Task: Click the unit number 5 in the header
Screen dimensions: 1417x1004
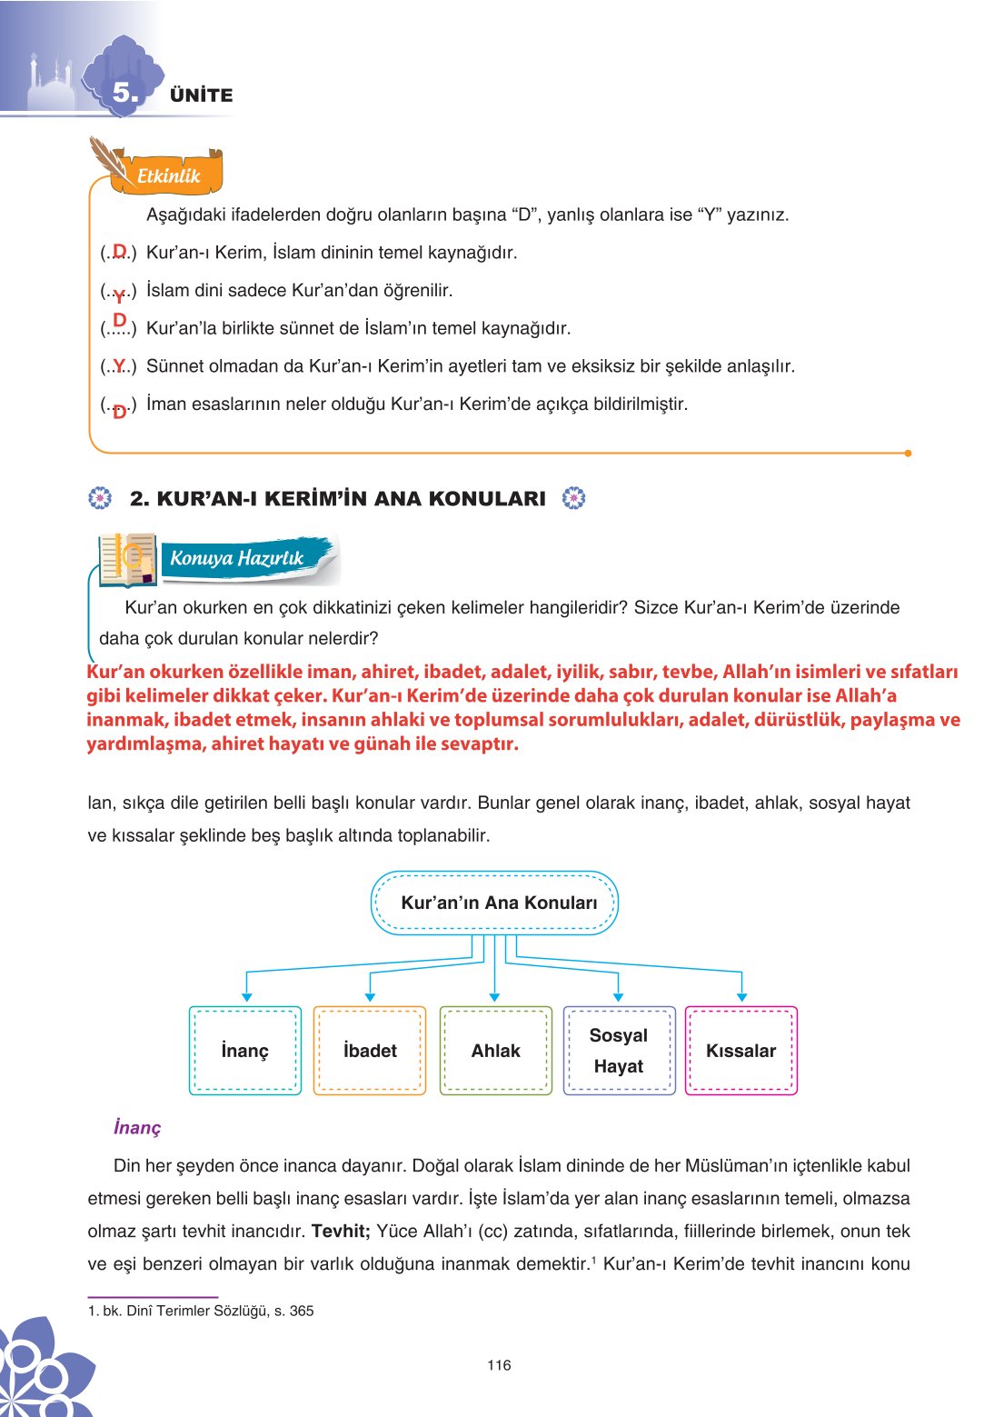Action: click(x=125, y=93)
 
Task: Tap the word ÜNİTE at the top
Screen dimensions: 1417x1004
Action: click(x=201, y=95)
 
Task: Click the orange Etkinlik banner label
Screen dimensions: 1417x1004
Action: click(x=168, y=176)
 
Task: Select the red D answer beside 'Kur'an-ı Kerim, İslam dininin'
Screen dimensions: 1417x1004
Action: click(x=119, y=251)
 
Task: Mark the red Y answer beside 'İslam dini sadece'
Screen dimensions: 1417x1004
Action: click(x=119, y=295)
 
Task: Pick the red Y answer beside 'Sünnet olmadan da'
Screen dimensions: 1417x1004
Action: click(x=119, y=366)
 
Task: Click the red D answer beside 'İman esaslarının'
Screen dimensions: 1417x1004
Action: click(x=119, y=412)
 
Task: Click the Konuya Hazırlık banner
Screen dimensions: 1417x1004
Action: click(x=237, y=558)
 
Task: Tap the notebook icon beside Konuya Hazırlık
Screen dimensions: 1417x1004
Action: click(x=127, y=559)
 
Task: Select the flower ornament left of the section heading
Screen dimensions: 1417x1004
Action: click(x=100, y=498)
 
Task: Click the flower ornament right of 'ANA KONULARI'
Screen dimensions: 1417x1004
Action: click(x=573, y=498)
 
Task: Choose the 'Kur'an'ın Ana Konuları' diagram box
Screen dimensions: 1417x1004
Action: click(x=494, y=903)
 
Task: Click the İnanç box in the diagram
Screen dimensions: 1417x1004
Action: click(x=245, y=1051)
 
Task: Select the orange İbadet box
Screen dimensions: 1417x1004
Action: click(x=370, y=1051)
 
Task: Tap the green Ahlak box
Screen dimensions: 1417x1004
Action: click(x=495, y=1051)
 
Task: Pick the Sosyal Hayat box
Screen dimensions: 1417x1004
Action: click(x=619, y=1051)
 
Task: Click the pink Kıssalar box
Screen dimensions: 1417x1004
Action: click(x=741, y=1051)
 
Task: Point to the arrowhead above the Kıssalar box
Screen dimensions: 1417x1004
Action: click(x=742, y=997)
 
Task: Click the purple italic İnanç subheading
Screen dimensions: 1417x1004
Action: click(x=137, y=1127)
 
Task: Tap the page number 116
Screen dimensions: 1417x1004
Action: click(x=499, y=1364)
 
